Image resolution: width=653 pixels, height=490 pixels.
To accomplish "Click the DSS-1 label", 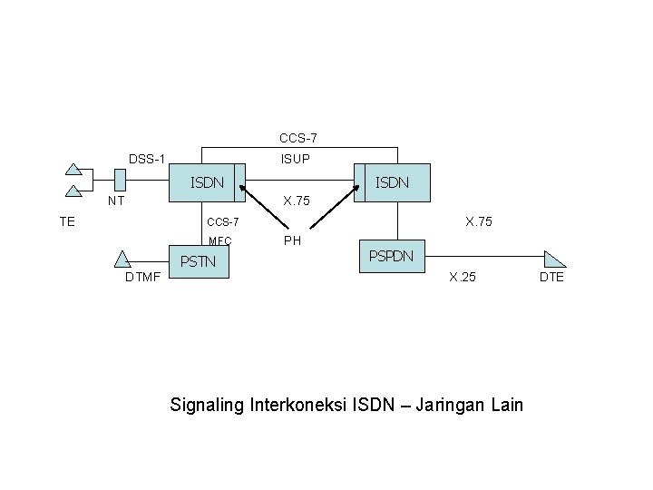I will click(x=146, y=160).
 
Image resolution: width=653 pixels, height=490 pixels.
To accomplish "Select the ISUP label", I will click(x=296, y=160).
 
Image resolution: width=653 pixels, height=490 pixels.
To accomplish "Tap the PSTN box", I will click(x=199, y=263).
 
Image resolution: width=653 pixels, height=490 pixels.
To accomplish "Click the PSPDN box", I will click(x=391, y=257).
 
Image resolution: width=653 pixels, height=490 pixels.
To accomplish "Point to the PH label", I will click(x=292, y=241).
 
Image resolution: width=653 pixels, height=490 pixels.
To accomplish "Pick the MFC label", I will click(x=219, y=241).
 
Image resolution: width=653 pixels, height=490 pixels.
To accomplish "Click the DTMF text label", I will click(x=142, y=278).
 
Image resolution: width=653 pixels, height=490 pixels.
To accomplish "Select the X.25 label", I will click(x=463, y=277).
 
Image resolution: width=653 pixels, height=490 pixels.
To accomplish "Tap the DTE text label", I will click(x=551, y=277).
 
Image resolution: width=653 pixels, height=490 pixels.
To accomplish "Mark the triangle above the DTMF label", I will click(x=122, y=259).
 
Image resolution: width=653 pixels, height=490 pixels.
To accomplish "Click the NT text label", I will click(x=115, y=201).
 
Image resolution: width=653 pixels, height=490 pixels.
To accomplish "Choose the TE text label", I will click(x=66, y=220).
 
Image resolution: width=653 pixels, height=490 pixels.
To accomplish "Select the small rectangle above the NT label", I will click(x=120, y=181).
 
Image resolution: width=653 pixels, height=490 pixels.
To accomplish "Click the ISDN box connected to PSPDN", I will click(x=393, y=182).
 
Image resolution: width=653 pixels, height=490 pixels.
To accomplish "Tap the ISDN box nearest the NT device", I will click(x=208, y=182).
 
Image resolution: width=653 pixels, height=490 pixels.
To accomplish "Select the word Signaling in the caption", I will click(x=206, y=405).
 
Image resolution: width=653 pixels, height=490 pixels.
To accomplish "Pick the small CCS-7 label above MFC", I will click(x=223, y=221).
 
